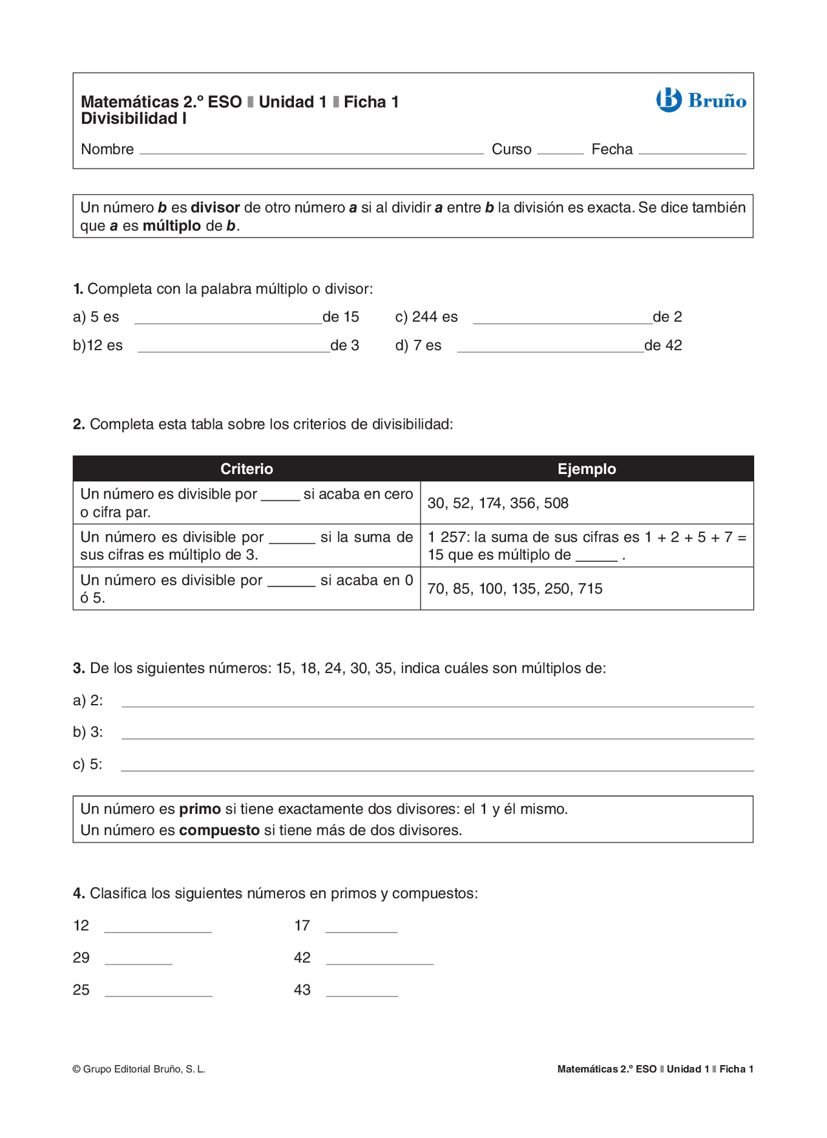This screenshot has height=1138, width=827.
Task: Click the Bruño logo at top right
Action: tap(701, 100)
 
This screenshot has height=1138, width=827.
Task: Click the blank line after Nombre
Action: tap(311, 151)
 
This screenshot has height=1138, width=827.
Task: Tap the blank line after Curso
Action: tap(560, 151)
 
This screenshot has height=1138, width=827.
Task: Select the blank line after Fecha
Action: tap(692, 151)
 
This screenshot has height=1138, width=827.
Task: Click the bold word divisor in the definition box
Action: tap(215, 208)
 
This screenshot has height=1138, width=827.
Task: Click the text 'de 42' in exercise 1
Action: tap(663, 346)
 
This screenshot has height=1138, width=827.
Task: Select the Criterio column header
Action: tap(247, 469)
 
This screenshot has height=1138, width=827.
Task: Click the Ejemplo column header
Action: tap(587, 469)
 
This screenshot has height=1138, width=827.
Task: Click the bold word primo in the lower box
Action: tap(200, 809)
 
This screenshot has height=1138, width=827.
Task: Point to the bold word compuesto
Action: tap(219, 831)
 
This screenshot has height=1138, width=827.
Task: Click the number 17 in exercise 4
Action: tap(302, 926)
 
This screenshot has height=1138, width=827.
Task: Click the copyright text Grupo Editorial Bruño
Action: tap(139, 1070)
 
